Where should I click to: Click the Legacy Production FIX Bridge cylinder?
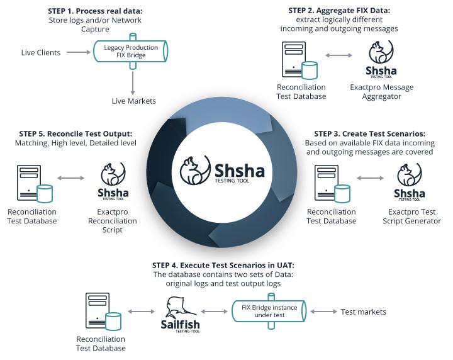point(131,51)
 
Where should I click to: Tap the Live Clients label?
point(41,53)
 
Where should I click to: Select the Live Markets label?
point(134,101)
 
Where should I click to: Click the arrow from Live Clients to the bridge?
point(79,52)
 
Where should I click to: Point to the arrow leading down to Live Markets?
point(133,83)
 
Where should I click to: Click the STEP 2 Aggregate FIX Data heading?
point(339,11)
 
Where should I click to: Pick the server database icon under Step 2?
point(300,60)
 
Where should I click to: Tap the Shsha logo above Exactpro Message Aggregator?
point(381,59)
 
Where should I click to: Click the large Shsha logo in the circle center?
point(222,170)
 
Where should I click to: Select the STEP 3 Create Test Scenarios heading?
point(369,134)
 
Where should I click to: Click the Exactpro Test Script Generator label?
point(411,217)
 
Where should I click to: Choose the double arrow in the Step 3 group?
point(371,178)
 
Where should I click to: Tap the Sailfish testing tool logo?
point(180,315)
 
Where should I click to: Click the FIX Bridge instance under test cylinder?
point(269,311)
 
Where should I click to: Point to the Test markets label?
point(363,312)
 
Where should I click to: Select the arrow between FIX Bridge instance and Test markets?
point(323,312)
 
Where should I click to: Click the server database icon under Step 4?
point(103,312)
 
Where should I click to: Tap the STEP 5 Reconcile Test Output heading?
point(75,134)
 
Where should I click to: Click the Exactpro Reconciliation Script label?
point(113,221)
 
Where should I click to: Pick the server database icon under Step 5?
point(35,184)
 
